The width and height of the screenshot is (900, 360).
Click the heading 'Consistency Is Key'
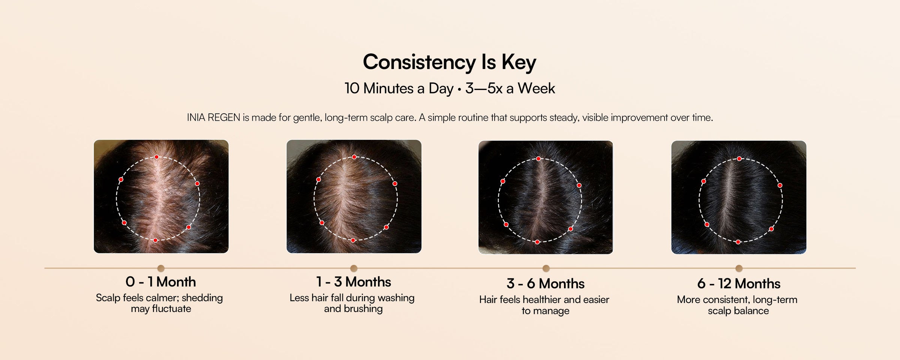pyautogui.click(x=450, y=62)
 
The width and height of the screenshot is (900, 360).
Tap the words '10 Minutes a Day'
pyautogui.click(x=399, y=88)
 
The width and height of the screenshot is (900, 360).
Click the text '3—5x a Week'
pyautogui.click(x=510, y=88)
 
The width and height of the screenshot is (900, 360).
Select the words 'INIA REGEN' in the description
pyautogui.click(x=213, y=117)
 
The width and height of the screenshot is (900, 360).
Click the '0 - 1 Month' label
pyautogui.click(x=161, y=282)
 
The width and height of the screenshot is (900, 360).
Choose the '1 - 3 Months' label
pyautogui.click(x=354, y=282)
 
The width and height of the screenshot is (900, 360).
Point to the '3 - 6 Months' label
pyautogui.click(x=546, y=283)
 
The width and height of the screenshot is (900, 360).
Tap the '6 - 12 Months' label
pyautogui.click(x=739, y=283)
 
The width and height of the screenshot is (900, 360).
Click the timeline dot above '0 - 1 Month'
pyautogui.click(x=161, y=268)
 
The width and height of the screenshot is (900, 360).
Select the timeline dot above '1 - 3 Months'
pyautogui.click(x=354, y=268)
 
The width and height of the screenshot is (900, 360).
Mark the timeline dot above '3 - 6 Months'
pyautogui.click(x=546, y=268)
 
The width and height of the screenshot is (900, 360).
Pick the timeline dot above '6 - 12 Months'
pyautogui.click(x=739, y=268)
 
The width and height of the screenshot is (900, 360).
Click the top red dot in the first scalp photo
pyautogui.click(x=157, y=157)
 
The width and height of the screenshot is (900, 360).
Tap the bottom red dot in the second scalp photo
pyautogui.click(x=353, y=240)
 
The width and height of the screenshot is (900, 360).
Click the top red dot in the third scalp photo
pyautogui.click(x=538, y=159)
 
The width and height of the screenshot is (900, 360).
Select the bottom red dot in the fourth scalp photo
pyautogui.click(x=738, y=242)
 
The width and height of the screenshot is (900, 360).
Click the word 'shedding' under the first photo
pyautogui.click(x=202, y=298)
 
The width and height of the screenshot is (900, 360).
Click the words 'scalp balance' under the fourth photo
pyautogui.click(x=738, y=311)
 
